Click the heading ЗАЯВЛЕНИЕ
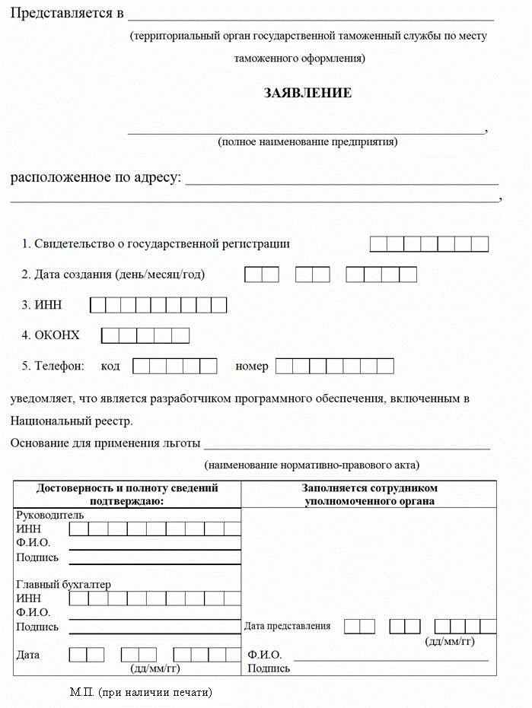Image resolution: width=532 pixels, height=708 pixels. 307,93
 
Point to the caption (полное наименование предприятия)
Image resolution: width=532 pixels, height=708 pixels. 307,141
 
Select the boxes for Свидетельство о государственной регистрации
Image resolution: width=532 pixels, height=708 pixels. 428,244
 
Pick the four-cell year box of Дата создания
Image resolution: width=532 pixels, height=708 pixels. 381,275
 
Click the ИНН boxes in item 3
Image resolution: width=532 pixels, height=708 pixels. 158,305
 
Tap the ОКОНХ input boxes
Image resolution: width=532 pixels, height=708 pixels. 145,335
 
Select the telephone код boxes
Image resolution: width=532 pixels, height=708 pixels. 174,366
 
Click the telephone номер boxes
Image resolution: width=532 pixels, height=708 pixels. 334,366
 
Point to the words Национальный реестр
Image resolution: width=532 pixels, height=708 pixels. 71,421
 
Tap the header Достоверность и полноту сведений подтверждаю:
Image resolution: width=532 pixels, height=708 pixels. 127,494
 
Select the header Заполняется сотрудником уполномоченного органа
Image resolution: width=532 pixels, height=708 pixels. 369,494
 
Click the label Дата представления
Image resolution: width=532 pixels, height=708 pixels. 288,626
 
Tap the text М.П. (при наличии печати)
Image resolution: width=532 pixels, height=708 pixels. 140,692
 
